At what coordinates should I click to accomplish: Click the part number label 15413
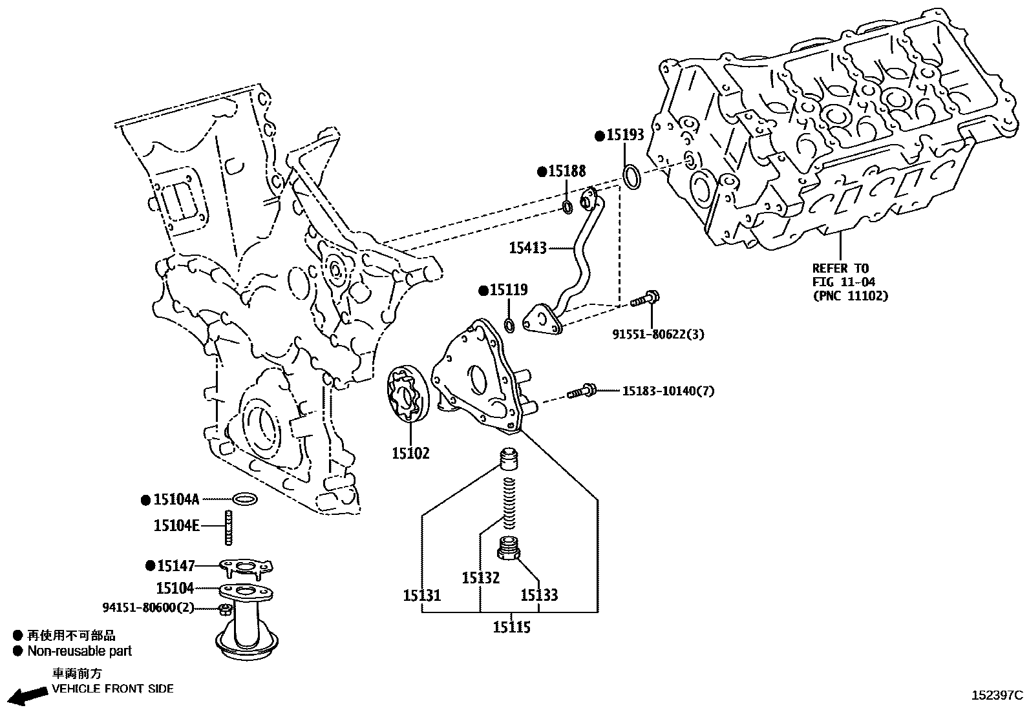coord(527,247)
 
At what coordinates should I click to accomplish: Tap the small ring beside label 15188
coord(567,207)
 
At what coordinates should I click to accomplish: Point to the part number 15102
coord(410,454)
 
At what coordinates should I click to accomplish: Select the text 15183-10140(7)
coord(668,391)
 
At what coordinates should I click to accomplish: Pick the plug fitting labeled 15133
coord(510,549)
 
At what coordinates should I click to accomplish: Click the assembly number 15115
coord(511,627)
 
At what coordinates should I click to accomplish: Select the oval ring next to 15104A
coord(244,499)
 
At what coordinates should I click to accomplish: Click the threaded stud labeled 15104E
coord(228,527)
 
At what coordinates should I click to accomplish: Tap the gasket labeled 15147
coord(246,567)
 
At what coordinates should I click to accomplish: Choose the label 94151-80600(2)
coord(148,607)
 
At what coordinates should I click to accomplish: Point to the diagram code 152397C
coord(997,696)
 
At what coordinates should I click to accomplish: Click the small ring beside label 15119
coord(509,324)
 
